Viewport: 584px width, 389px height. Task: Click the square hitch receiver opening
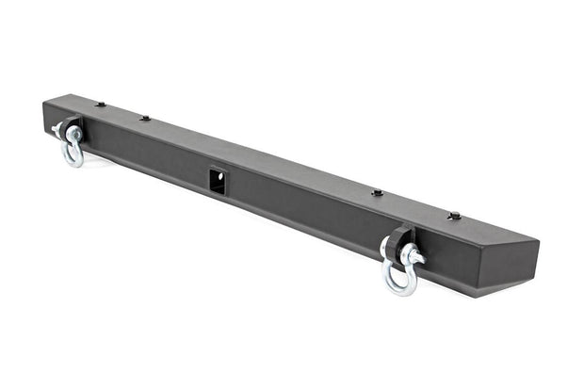pos(218,180)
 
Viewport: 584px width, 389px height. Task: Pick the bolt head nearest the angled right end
pos(454,216)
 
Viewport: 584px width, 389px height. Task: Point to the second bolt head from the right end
pos(377,192)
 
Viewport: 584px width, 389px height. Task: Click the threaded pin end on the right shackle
pos(416,257)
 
